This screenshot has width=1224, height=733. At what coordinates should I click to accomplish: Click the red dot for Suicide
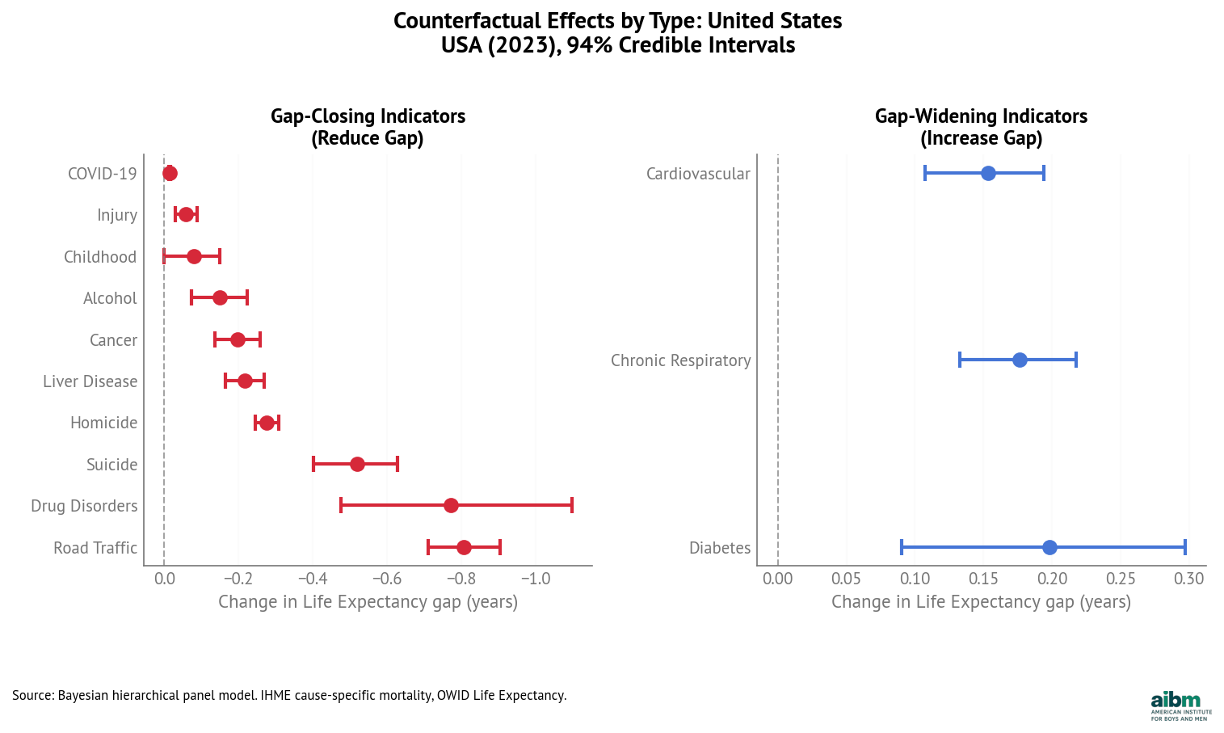point(357,464)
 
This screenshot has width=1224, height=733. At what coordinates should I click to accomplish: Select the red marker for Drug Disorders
point(451,506)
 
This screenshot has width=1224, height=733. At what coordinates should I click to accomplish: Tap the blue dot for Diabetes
point(1049,547)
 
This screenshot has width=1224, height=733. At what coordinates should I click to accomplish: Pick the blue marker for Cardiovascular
point(988,173)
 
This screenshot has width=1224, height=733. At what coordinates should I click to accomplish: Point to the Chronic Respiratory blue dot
point(1020,360)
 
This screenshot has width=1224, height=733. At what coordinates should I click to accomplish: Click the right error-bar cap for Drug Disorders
point(572,506)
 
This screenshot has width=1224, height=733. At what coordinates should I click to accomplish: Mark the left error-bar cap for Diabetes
point(902,547)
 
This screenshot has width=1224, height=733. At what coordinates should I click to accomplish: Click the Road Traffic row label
point(95,548)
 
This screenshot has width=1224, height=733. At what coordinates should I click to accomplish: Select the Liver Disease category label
point(90,381)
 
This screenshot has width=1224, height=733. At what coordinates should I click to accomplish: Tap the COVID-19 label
point(103,174)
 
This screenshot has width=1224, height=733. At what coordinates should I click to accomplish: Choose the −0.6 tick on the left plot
point(386,579)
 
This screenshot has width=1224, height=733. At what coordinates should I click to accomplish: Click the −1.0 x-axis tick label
point(535,579)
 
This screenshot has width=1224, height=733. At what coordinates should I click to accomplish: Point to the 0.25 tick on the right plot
point(1121,579)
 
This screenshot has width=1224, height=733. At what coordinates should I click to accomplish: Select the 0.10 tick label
point(915,579)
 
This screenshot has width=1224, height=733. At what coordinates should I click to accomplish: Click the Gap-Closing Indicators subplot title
point(368,127)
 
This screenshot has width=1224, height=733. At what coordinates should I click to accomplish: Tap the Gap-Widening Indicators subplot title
point(981,127)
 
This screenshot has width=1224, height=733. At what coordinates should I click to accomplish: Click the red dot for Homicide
point(267,423)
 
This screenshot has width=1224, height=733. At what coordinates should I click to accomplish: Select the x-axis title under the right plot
point(981,602)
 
